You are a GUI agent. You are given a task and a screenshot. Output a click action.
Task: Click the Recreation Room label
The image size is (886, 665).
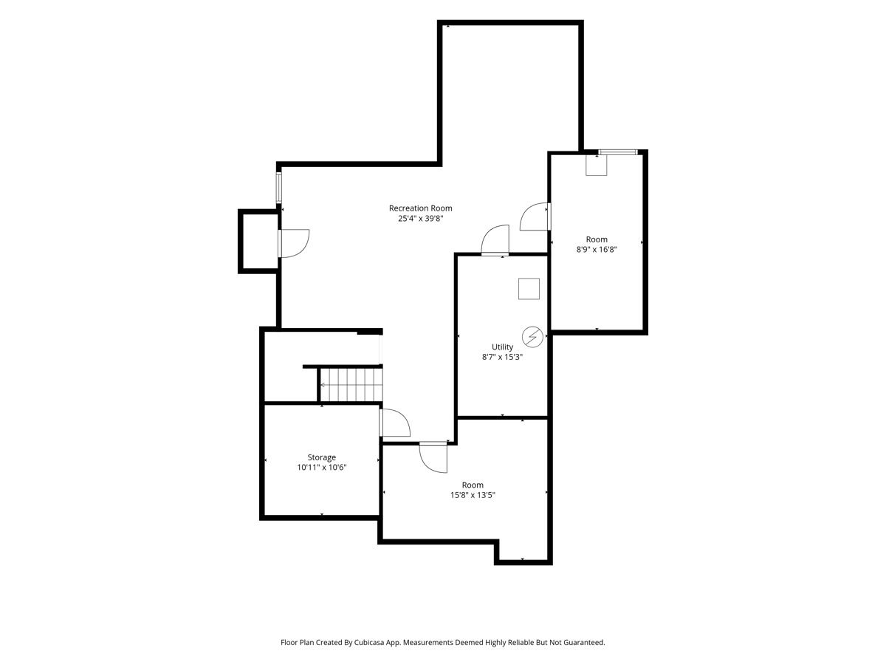coord(420,208)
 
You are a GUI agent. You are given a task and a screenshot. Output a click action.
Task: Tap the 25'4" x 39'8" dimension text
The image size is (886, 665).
coord(420,219)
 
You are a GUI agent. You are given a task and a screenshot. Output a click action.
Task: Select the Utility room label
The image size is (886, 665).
coord(502,347)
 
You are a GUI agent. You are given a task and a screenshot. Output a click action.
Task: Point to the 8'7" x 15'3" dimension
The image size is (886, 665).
coord(502,357)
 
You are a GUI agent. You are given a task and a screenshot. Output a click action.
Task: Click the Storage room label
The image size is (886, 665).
coord(322,457)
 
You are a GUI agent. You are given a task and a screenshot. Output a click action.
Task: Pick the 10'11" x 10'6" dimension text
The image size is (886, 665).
coord(322,468)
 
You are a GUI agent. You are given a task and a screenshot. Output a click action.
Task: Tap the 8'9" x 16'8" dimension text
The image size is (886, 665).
coord(597,250)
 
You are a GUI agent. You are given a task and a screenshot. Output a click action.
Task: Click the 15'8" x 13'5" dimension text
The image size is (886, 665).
coord(473,495)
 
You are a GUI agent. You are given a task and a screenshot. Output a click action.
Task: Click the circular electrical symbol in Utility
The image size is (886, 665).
coord(532,337)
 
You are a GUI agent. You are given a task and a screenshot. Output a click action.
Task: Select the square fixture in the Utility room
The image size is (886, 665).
coord(529,289)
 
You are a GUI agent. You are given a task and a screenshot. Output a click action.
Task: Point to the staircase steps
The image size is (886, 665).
coord(351,385)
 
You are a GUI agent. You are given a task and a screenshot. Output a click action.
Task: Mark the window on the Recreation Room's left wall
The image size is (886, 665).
coord(278,188)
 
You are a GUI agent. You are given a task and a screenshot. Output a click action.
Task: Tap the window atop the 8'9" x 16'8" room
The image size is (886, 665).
coord(617,152)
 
